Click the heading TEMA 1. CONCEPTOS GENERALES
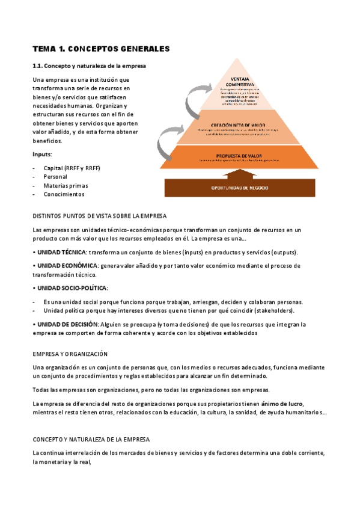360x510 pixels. [x=101, y=49]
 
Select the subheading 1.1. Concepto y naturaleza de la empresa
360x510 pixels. [x=89, y=66]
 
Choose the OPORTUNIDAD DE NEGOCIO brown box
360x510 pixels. [x=240, y=188]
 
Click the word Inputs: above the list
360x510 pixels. [x=42, y=155]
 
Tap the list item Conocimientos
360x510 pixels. [x=64, y=194]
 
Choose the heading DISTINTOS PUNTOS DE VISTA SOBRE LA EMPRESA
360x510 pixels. [x=99, y=216]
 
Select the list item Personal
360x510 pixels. [x=55, y=177]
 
